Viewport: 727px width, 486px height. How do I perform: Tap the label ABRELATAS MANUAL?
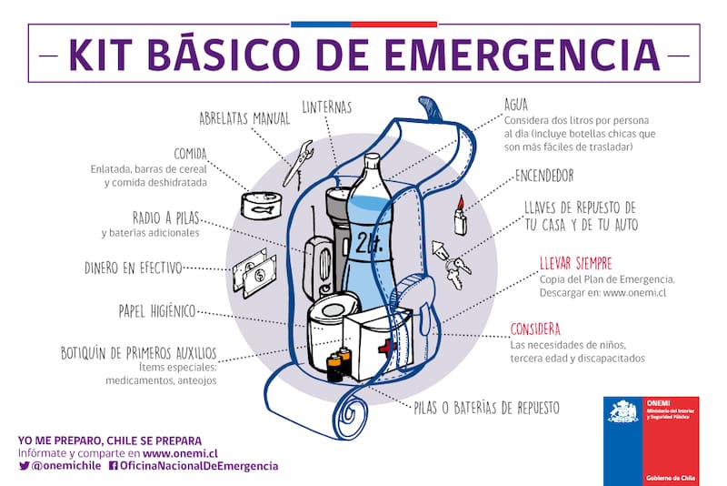[245, 118]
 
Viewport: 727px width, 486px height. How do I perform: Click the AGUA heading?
[515, 106]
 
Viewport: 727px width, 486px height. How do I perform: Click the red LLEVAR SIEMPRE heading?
[574, 263]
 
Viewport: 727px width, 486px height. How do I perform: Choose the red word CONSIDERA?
[535, 329]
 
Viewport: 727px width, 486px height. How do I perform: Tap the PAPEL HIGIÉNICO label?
[157, 310]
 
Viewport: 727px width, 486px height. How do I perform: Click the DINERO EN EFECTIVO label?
[134, 268]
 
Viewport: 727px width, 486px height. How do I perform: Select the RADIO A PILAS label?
[165, 218]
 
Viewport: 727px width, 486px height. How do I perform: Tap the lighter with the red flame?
[461, 217]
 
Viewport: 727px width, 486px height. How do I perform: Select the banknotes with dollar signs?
[254, 274]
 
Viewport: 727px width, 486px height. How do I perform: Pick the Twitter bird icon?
[24, 465]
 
